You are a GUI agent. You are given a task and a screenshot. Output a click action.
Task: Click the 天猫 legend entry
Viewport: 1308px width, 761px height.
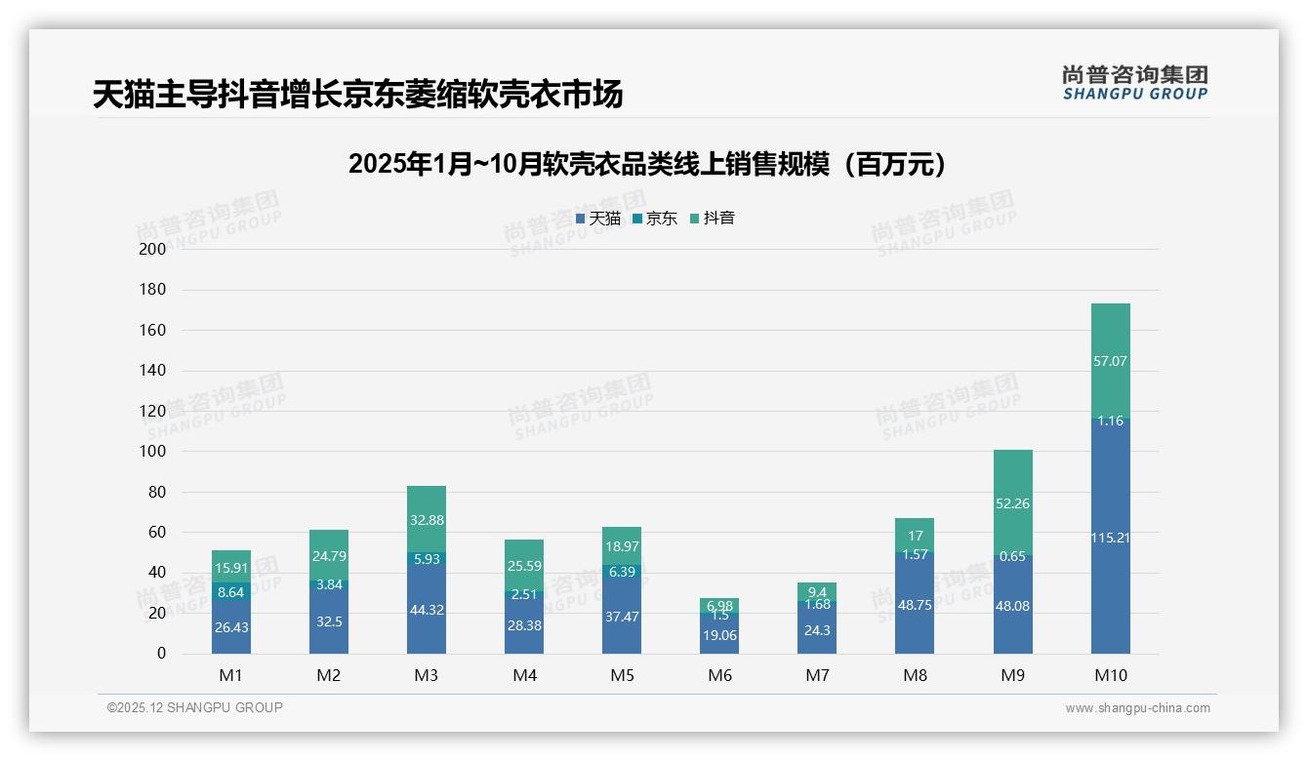point(598,219)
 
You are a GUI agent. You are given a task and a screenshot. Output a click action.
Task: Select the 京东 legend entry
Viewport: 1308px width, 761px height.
point(655,219)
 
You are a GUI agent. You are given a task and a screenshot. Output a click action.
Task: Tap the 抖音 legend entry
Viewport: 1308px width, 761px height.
point(713,219)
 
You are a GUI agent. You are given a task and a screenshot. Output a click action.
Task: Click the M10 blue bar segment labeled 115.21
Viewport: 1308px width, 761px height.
point(1110,537)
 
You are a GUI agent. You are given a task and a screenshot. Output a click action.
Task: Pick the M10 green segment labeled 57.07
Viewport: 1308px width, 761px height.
point(1110,361)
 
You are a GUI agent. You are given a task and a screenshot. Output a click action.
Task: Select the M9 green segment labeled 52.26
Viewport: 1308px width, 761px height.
point(1012,503)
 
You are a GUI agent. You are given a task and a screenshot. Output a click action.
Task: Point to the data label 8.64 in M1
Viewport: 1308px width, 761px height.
point(231,591)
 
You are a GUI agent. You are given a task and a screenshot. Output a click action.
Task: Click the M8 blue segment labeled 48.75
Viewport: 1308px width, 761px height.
point(915,605)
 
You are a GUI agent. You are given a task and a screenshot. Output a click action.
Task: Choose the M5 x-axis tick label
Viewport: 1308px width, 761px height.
point(622,675)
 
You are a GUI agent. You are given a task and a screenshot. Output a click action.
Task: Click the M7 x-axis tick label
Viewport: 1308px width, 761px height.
point(817,675)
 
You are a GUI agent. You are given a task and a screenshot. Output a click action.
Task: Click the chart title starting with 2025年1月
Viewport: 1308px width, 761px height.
point(648,164)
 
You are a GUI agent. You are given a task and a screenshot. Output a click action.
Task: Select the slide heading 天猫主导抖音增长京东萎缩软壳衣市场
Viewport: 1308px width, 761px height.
point(357,95)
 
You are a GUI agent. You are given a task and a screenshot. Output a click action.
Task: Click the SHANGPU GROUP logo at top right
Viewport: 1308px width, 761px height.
point(1134,83)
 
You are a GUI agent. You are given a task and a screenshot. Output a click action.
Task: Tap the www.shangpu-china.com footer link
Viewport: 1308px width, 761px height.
point(1137,708)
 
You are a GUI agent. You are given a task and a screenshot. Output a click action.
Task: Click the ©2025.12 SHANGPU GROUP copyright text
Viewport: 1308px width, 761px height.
point(195,707)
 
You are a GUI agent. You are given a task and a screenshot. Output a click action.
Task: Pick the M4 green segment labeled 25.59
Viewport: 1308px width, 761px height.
point(524,566)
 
